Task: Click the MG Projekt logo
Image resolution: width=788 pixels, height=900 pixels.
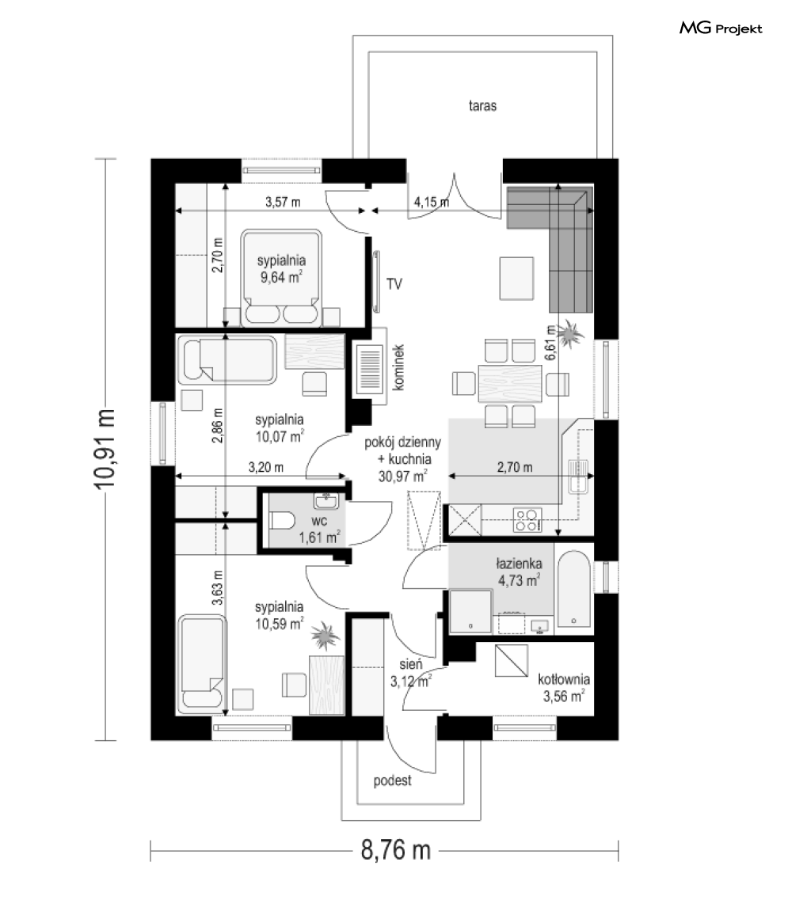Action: pos(721,28)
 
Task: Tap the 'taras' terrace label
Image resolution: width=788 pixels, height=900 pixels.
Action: pos(482,105)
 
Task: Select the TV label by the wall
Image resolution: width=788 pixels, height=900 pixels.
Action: pos(394,283)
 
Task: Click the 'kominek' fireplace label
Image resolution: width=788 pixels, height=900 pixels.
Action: pos(398,368)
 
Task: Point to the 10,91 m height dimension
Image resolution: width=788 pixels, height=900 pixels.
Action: pos(105,450)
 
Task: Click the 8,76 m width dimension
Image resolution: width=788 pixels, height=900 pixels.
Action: pos(396,850)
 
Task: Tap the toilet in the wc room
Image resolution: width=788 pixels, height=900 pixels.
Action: pos(281,521)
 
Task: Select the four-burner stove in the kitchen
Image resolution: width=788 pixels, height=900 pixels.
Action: pos(527,520)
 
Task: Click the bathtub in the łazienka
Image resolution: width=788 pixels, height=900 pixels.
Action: pos(573,589)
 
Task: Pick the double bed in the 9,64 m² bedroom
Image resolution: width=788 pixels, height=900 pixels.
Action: pos(281,279)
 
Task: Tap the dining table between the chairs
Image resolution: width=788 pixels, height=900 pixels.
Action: pos(509,383)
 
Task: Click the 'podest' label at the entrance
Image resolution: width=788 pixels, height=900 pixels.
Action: pos(392,780)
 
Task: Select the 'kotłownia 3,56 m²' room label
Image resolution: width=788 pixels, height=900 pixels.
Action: pos(564,688)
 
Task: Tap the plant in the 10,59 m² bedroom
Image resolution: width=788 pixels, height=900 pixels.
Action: pos(325,636)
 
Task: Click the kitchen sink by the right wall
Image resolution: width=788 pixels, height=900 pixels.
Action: pos(578,477)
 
